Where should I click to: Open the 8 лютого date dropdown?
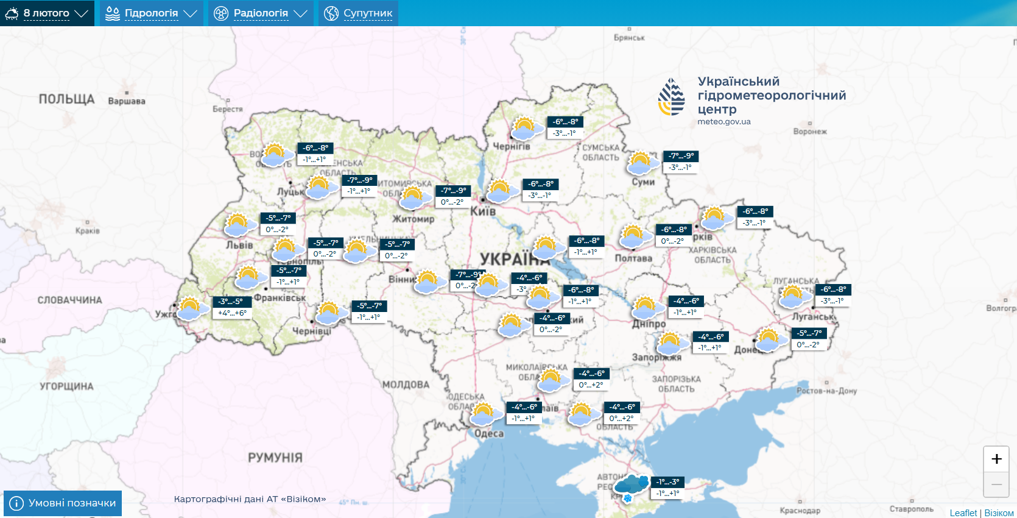pyautogui.click(x=47, y=13)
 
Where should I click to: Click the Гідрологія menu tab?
pyautogui.click(x=151, y=13)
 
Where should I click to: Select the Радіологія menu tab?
pyautogui.click(x=261, y=13)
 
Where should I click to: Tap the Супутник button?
pyautogui.click(x=358, y=13)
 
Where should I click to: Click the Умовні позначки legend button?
pyautogui.click(x=63, y=503)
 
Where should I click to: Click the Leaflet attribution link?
pyautogui.click(x=963, y=513)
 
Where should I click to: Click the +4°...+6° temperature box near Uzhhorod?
pyautogui.click(x=232, y=313)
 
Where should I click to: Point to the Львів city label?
pyautogui.click(x=239, y=245)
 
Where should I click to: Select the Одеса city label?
pyautogui.click(x=489, y=433)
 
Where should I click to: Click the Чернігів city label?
pyautogui.click(x=512, y=146)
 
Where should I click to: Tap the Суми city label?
pyautogui.click(x=643, y=182)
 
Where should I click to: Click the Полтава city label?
pyautogui.click(x=633, y=258)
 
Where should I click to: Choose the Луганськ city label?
pyautogui.click(x=814, y=316)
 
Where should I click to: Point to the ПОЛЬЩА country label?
pyautogui.click(x=66, y=99)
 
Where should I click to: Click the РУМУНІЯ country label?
pyautogui.click(x=275, y=457)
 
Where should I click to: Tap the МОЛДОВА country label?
pyautogui.click(x=406, y=385)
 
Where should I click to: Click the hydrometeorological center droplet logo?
pyautogui.click(x=672, y=97)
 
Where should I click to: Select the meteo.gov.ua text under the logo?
pyautogui.click(x=724, y=121)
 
